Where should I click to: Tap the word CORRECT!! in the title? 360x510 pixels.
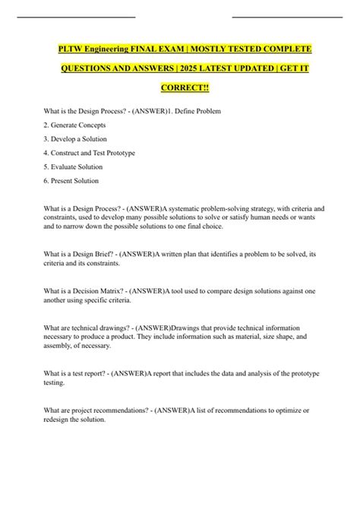(x=180, y=88)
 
